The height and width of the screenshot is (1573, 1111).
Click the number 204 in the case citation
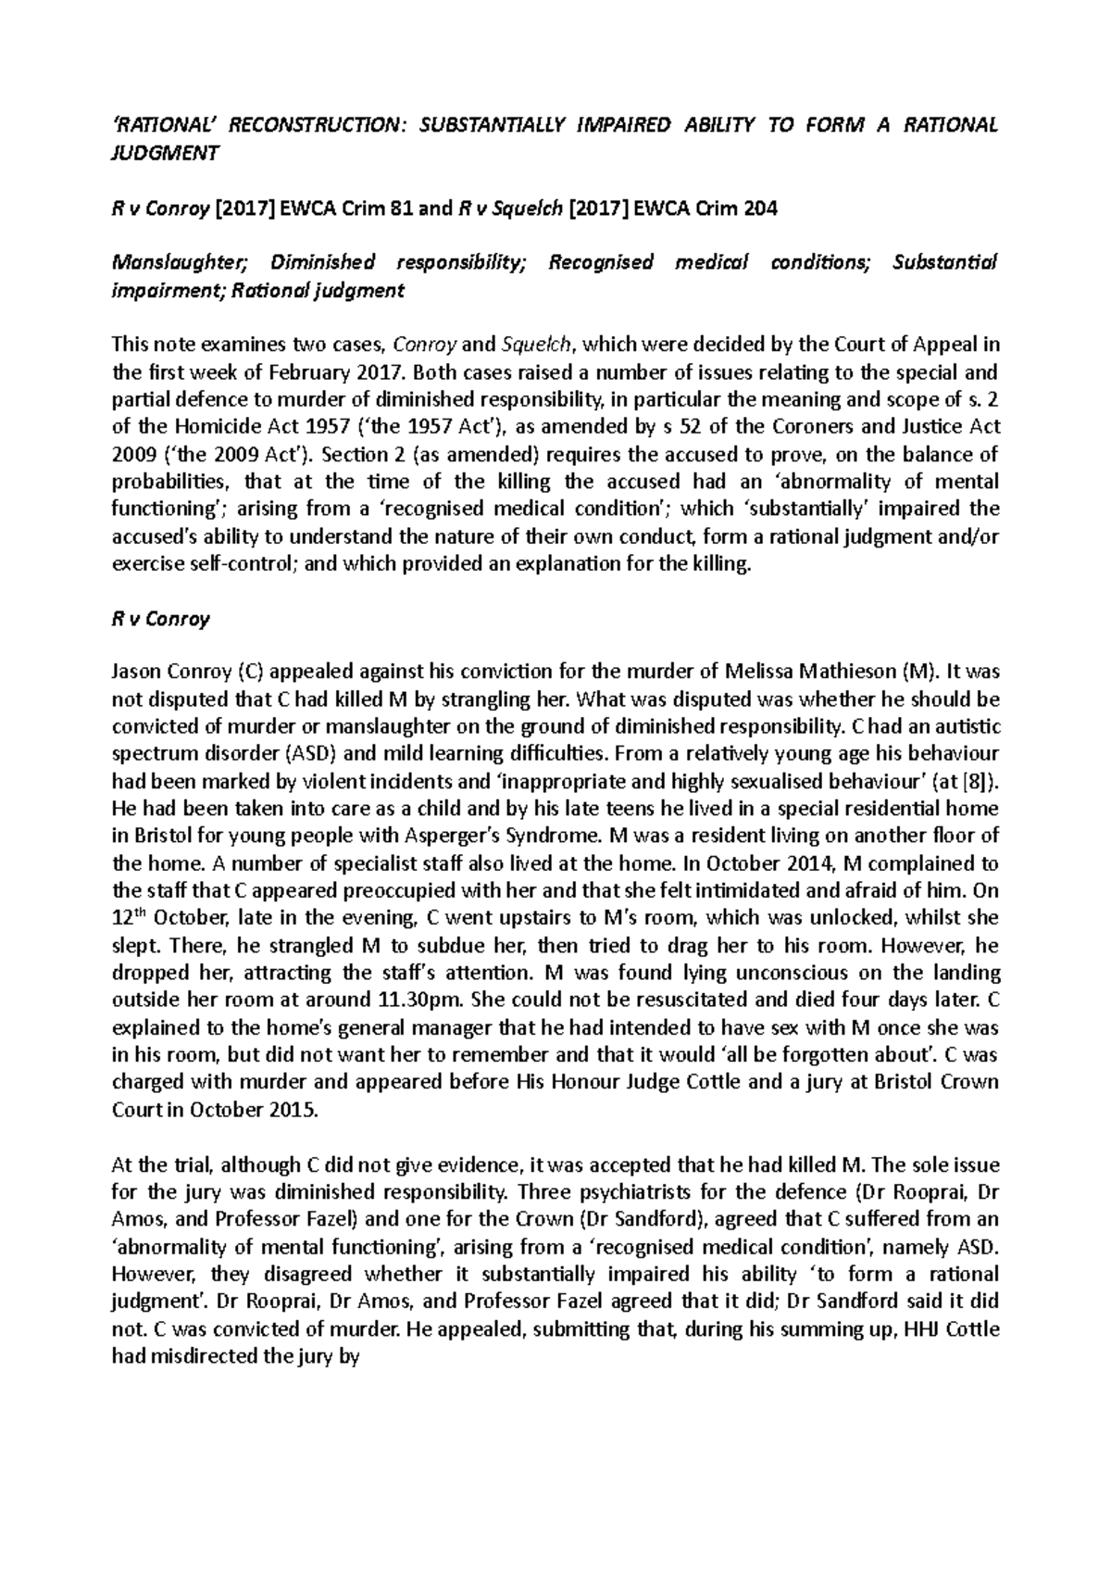click(758, 208)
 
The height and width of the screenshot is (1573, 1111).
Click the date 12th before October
click(129, 917)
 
